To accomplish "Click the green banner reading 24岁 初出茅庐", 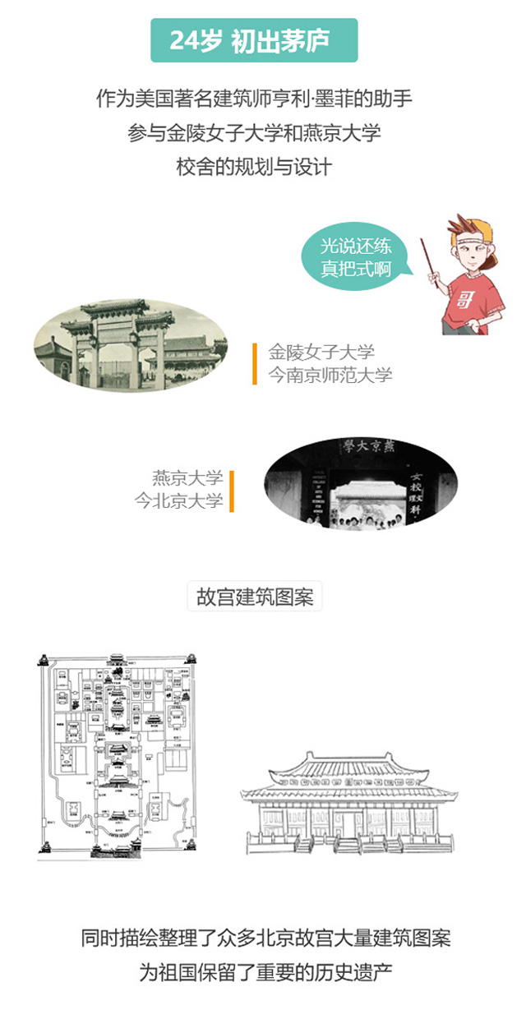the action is click(x=254, y=40).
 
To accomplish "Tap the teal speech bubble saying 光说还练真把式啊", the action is click(x=355, y=256).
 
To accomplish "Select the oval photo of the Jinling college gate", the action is click(x=130, y=345).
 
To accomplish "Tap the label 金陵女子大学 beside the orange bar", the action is click(x=321, y=353).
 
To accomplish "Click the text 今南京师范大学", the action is click(x=330, y=376).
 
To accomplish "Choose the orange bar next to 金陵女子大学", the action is click(x=255, y=364).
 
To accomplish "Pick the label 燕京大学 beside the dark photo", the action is click(x=187, y=477).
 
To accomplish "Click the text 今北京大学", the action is click(x=179, y=500).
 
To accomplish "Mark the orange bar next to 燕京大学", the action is click(x=232, y=490).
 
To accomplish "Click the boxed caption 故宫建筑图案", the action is click(x=255, y=597).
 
